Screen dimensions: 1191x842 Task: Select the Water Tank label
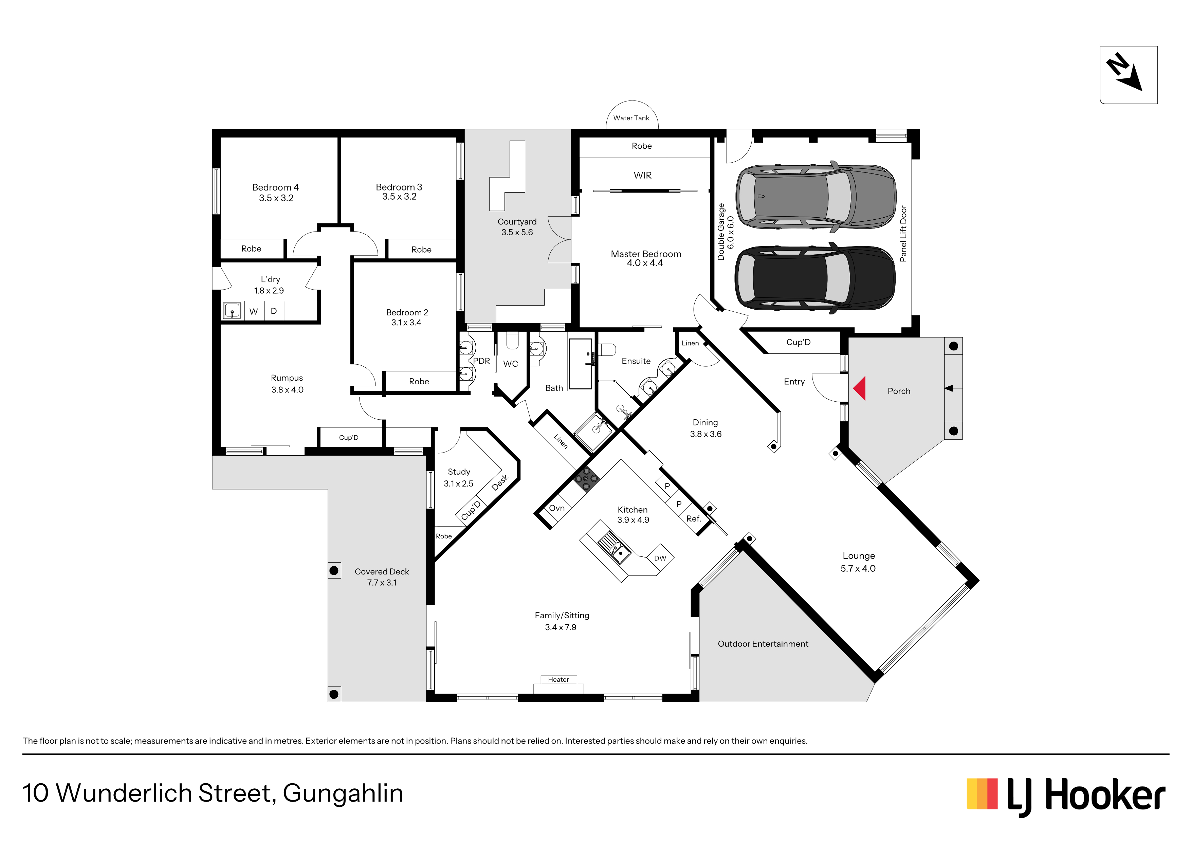point(631,118)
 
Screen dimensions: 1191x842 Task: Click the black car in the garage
point(815,277)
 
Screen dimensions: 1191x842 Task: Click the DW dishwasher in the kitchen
point(660,558)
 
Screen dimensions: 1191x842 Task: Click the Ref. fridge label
point(694,519)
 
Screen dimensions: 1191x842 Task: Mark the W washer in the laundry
point(254,311)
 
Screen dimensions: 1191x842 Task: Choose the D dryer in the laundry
point(274,311)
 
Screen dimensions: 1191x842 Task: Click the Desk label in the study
point(499,482)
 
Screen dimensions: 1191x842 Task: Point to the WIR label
point(642,175)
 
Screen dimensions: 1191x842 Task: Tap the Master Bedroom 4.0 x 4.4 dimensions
point(645,263)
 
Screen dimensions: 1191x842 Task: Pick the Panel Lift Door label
point(903,234)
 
